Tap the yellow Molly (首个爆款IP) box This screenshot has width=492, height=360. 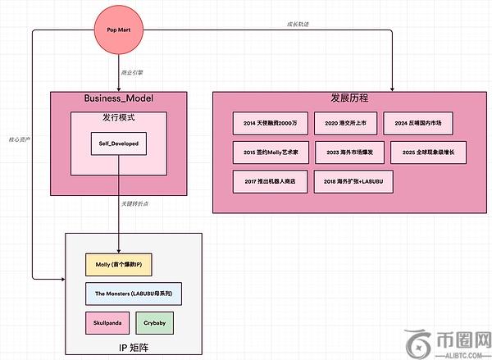click(120, 265)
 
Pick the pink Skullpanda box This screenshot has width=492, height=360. click(107, 321)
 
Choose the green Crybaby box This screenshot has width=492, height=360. click(154, 321)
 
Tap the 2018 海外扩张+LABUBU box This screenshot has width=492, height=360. click(353, 180)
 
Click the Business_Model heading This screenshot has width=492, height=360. click(119, 98)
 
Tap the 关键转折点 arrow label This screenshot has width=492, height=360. click(135, 203)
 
